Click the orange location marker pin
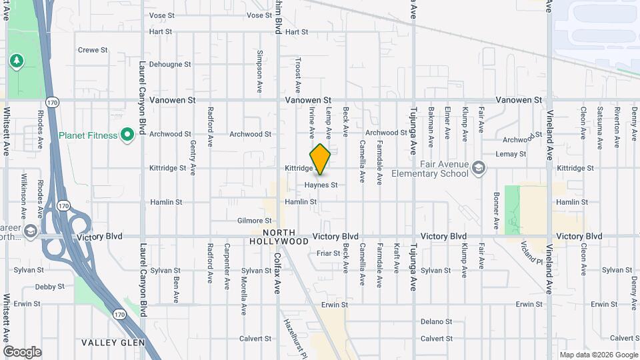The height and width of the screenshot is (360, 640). pyautogui.click(x=320, y=159)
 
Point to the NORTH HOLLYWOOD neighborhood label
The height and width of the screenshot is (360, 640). pyautogui.click(x=279, y=237)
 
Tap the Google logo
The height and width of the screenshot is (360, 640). pyautogui.click(x=22, y=352)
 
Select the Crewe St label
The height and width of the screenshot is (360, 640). pyautogui.click(x=93, y=50)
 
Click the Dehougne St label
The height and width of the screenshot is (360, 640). pyautogui.click(x=170, y=65)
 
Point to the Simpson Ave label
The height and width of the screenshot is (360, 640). pyautogui.click(x=260, y=70)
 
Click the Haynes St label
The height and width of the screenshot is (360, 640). pyautogui.click(x=321, y=185)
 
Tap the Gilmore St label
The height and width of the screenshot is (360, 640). pyautogui.click(x=254, y=221)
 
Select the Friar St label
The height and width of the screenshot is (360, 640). pyautogui.click(x=328, y=253)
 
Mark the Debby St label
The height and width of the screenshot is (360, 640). pyautogui.click(x=49, y=287)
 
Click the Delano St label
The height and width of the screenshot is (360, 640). pyautogui.click(x=436, y=321)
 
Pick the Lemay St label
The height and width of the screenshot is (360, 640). pyautogui.click(x=511, y=154)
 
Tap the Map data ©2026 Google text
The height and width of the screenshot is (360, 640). pyautogui.click(x=597, y=355)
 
